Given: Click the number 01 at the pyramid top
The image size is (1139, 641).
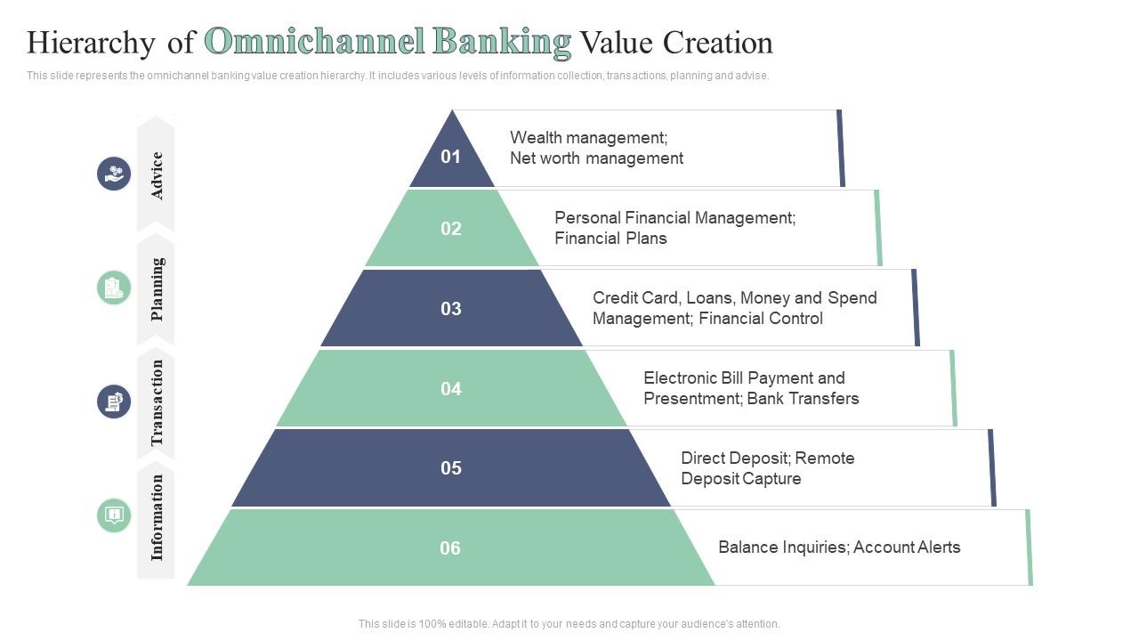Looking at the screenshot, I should coord(451,157).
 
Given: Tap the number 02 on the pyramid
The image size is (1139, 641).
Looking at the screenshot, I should coord(451,229).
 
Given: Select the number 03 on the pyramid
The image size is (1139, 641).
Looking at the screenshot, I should coord(451,309).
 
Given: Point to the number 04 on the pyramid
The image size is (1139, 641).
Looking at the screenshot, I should coord(451,389).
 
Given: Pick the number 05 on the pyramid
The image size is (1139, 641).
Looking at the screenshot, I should coord(451,468).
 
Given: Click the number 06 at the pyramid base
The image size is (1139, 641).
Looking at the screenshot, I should coord(451,548).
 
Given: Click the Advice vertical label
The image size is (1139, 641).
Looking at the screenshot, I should coord(157,175).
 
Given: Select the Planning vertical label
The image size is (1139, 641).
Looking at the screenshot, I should coord(157,289).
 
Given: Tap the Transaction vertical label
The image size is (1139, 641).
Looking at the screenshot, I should coord(157,402).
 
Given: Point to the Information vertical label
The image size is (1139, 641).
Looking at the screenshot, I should coord(157,517).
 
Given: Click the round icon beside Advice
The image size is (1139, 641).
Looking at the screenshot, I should coord(114,174).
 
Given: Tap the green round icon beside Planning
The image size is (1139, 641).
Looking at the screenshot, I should coord(114,288).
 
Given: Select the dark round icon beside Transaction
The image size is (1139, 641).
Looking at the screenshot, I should coord(114,402).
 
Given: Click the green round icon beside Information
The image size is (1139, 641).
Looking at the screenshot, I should coord(114,515).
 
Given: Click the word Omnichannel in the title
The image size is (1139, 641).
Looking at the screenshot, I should coord(314,42).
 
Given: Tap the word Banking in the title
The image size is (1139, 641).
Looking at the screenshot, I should coord(502,42).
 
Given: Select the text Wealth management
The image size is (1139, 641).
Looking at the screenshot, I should coord(588,138).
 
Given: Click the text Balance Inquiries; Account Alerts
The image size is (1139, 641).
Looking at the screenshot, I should coord(839,548).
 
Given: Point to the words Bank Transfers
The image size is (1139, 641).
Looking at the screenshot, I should coord(803,399).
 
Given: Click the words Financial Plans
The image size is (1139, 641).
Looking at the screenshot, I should coord(610,239).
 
